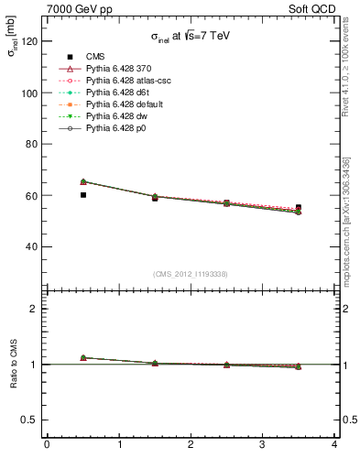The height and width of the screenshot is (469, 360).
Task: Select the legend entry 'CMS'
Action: point(95,56)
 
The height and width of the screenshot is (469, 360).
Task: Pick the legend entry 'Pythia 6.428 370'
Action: point(116,68)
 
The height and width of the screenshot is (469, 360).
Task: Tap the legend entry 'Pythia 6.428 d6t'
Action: point(115,93)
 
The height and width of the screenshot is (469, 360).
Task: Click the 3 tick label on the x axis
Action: point(263,446)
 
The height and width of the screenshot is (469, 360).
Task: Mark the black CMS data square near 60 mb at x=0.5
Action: point(83,195)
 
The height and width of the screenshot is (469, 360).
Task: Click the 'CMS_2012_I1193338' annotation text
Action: point(191,274)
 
